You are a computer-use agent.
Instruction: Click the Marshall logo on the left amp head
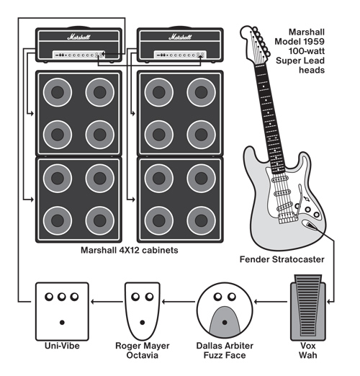pos(78,37)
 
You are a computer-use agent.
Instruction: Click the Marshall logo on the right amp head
pos(180,37)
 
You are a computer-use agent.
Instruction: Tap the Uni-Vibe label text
pos(62,346)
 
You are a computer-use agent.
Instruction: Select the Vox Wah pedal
pos(308,308)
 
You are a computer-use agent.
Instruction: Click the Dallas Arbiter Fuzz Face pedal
pos(225,311)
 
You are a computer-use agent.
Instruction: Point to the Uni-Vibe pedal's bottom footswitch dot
pos(62,323)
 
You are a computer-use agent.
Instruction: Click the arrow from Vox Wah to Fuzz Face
pos(271,302)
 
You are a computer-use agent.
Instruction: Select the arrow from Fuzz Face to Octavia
pos(179,302)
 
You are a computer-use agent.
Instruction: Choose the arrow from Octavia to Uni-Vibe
pos(107,302)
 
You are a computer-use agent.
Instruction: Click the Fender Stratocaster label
pos(282,259)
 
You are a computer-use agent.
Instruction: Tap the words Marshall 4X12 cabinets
pos(130,250)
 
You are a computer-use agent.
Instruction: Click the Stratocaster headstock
pos(256,45)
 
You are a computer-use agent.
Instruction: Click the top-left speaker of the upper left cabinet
pos(58,92)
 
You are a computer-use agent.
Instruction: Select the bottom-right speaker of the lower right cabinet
pos(201,220)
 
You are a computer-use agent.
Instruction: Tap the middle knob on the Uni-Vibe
pos(62,297)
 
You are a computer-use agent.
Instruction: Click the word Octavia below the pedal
pos(143,355)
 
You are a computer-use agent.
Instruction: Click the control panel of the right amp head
pos(180,55)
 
